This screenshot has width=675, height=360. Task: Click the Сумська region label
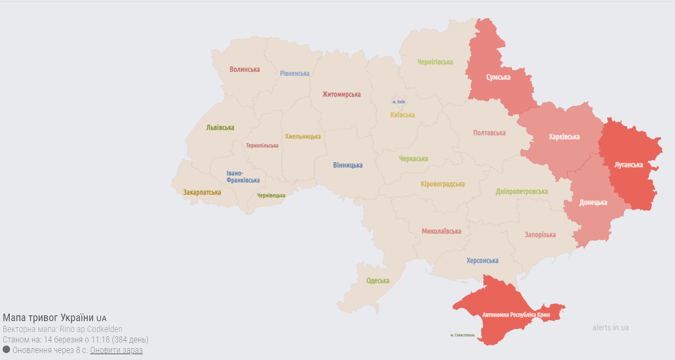tap(498, 77)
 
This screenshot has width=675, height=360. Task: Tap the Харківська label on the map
tap(564, 137)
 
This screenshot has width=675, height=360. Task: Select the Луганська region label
tap(628, 165)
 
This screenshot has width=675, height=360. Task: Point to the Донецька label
tap(593, 203)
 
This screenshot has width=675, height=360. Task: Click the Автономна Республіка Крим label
tap(516, 315)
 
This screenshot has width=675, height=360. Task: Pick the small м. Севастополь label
tap(463, 336)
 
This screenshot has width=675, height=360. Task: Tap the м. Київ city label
tap(399, 102)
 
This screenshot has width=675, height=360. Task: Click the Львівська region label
tap(220, 128)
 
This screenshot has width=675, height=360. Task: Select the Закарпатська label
tap(202, 192)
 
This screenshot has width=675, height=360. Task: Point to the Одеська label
tap(378, 281)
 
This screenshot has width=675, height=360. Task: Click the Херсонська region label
tap(482, 261)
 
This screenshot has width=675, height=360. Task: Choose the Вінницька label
tap(348, 165)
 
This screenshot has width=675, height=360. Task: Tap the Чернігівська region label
tap(435, 62)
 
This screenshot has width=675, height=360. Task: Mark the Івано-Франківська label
tap(243, 177)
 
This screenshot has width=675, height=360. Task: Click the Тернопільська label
tap(262, 146)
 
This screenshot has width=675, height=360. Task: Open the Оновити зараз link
tap(116, 350)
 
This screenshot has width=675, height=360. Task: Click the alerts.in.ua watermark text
tap(610, 328)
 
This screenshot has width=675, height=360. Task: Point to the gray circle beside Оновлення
tap(7, 350)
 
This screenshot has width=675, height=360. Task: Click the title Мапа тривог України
tap(48, 318)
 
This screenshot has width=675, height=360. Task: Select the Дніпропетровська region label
tap(522, 192)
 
